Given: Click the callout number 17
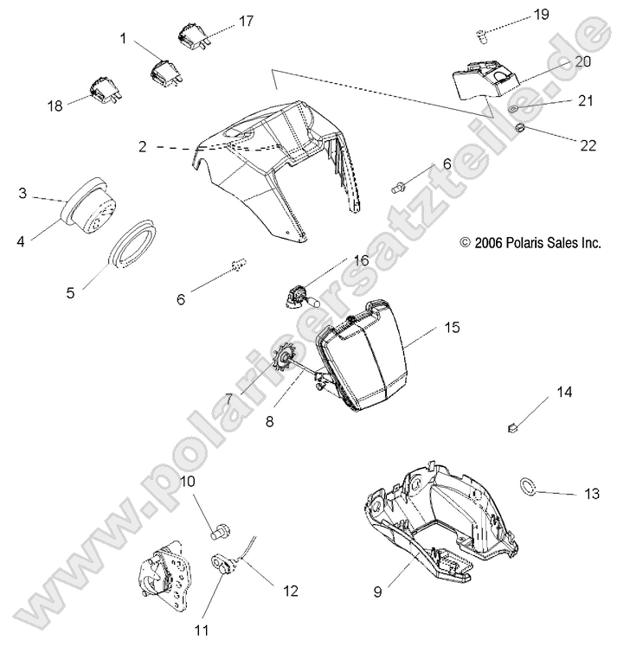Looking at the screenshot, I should tap(247, 20).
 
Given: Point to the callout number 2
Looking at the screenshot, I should tap(142, 146).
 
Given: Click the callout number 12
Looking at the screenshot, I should tap(290, 591).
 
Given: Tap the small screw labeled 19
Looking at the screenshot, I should tap(482, 35).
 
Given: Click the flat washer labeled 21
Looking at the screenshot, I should tap(514, 109).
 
